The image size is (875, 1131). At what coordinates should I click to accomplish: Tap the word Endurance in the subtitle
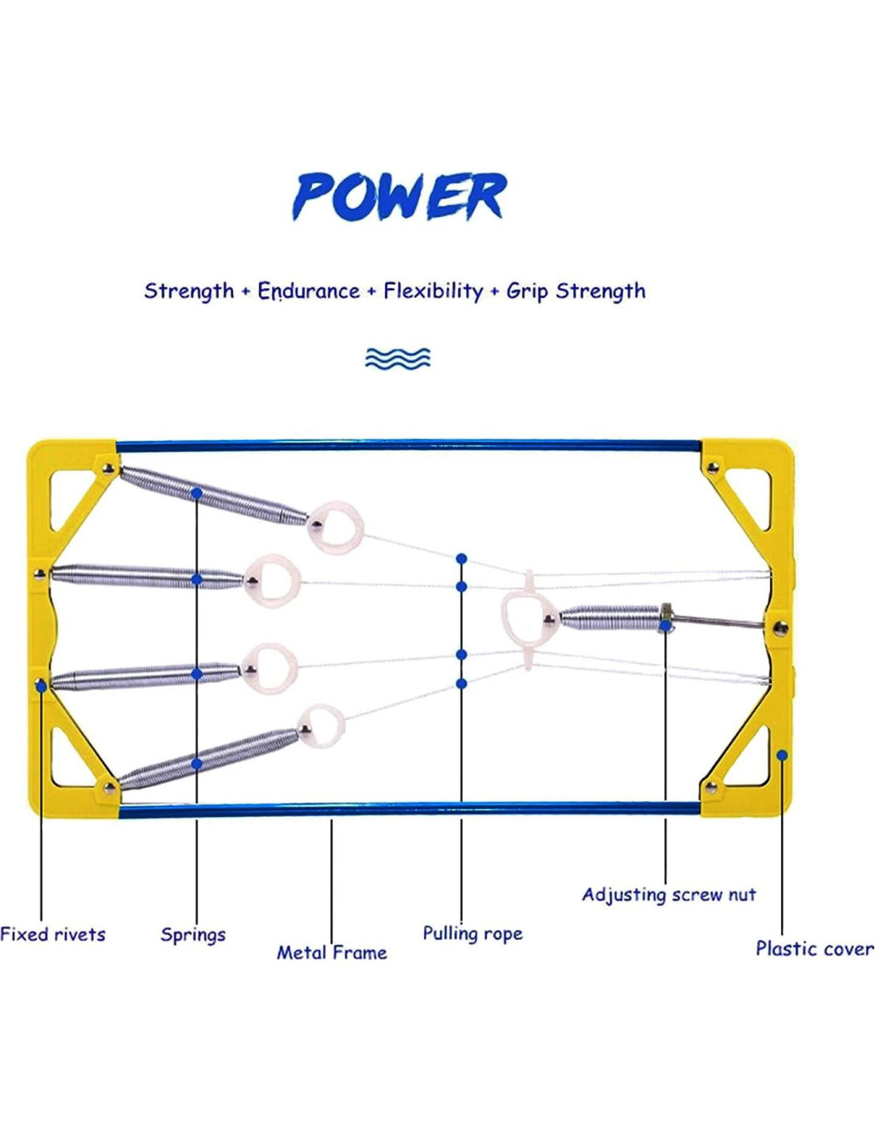pyautogui.click(x=309, y=291)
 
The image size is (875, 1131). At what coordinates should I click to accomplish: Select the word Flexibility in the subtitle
pyautogui.click(x=433, y=291)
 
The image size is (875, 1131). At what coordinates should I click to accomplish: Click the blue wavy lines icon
pyautogui.click(x=398, y=359)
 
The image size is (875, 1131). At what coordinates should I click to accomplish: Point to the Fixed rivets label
pyautogui.click(x=52, y=935)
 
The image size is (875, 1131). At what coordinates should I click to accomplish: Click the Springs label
pyautogui.click(x=193, y=935)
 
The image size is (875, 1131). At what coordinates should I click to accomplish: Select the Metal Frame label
pyautogui.click(x=332, y=952)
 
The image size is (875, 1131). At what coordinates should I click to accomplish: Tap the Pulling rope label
pyautogui.click(x=472, y=933)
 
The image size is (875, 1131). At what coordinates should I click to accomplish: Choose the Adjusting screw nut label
pyautogui.click(x=669, y=895)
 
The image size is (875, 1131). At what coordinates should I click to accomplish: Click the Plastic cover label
pyautogui.click(x=815, y=948)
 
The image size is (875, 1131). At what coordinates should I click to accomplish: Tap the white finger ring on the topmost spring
pyautogui.click(x=338, y=527)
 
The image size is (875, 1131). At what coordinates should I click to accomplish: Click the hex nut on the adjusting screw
pyautogui.click(x=667, y=617)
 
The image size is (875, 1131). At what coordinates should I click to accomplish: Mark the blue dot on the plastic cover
pyautogui.click(x=783, y=755)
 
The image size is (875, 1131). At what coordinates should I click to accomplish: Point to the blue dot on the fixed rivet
pyautogui.click(x=41, y=685)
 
